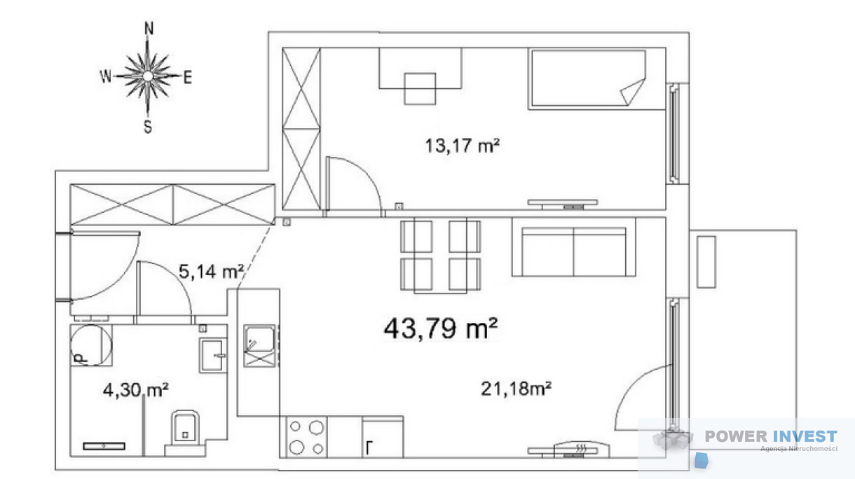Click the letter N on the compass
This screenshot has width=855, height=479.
149,29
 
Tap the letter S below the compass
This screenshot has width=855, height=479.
148,127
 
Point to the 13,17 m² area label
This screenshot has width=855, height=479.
463,146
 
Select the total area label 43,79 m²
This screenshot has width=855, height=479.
441,328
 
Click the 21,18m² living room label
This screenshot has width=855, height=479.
516,389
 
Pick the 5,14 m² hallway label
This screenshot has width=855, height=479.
211,272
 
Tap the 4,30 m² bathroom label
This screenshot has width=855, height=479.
136,390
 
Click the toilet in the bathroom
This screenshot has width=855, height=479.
185,433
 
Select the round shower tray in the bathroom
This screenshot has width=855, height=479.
91,345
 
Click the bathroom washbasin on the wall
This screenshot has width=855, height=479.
212,355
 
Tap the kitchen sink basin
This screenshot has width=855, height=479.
259,339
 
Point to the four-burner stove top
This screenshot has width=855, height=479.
306,437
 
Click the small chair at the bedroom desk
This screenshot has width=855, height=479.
420,88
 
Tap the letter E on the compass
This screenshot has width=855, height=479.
187,78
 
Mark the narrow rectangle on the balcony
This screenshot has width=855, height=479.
706,262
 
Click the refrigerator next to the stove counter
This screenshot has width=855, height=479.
383,437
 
